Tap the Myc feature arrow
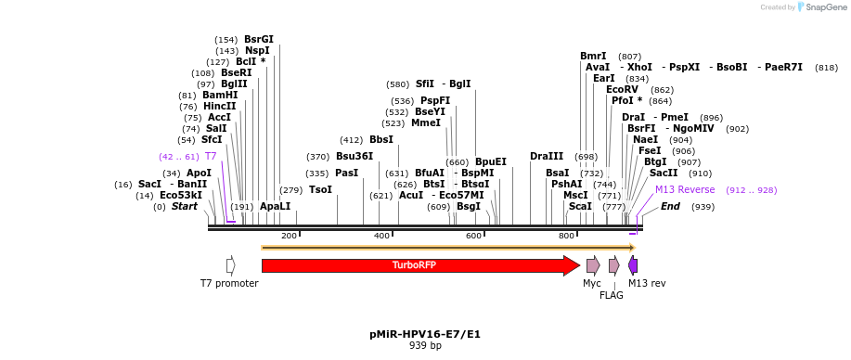click(592, 265)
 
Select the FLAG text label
click(612, 295)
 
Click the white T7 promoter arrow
click(230, 265)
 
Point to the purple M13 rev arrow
click(633, 265)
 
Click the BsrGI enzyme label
click(259, 39)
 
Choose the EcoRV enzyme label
click(622, 89)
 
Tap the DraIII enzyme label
click(547, 156)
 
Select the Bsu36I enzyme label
click(355, 156)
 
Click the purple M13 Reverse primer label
click(685, 189)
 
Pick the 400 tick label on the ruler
click(381, 236)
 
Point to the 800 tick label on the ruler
click(566, 236)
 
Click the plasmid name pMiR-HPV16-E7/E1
click(425, 333)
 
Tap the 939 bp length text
click(425, 345)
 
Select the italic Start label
click(185, 206)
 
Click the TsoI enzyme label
click(320, 189)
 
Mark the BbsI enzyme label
click(381, 139)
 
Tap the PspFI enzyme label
click(435, 100)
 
